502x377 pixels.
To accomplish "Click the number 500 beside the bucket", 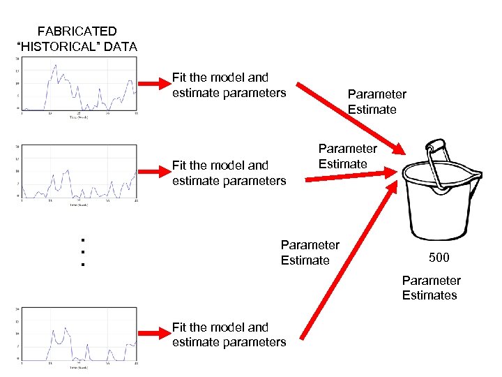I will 439,258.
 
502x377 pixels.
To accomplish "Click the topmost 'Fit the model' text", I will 220,77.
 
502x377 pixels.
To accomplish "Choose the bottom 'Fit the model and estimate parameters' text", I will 229,334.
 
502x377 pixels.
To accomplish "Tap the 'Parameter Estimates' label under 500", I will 430,288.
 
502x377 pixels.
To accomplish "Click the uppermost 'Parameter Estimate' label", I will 376,102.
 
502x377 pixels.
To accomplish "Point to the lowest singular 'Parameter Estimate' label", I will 310,253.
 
